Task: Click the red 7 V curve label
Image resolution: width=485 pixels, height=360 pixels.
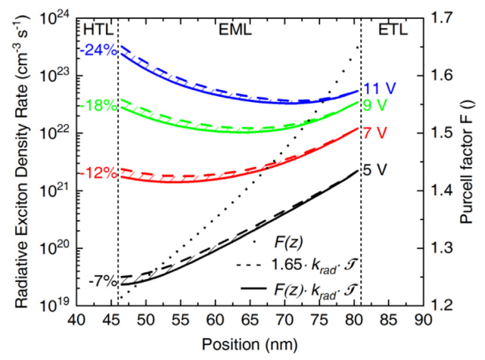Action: pos(374,134)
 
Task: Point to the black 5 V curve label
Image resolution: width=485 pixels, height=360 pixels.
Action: pos(375,169)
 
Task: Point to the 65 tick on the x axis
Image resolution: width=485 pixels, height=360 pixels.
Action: pos(216,321)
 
